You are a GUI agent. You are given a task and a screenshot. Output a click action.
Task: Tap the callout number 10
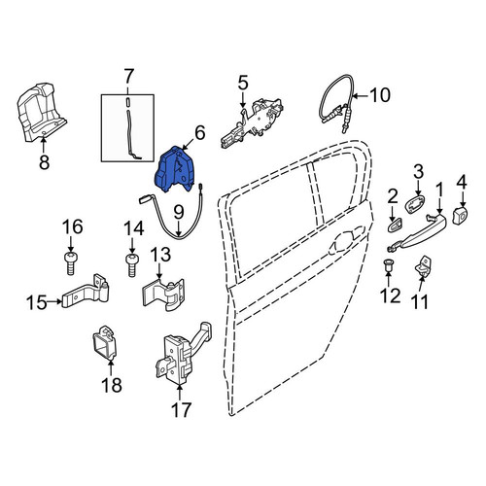380,95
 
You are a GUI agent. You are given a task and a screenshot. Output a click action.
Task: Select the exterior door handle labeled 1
418,230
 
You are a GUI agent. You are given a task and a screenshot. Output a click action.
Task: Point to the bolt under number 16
71,262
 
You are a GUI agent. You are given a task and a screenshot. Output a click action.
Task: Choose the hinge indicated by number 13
163,295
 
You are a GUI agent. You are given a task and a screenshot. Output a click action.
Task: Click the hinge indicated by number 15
86,292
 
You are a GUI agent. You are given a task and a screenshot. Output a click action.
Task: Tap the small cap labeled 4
461,215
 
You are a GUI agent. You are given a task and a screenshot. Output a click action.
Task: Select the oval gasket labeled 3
416,203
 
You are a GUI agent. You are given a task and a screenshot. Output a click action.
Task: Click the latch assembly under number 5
251,122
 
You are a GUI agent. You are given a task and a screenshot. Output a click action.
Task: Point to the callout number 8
44,162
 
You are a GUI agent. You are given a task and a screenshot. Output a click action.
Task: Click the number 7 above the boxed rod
128,77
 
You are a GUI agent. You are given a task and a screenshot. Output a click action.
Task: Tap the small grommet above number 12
388,264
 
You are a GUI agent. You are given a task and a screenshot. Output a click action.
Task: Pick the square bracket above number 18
104,343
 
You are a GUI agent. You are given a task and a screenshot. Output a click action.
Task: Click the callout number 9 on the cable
179,212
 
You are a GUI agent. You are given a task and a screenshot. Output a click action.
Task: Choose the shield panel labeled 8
41,112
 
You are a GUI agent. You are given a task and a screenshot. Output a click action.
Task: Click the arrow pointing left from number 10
360,96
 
